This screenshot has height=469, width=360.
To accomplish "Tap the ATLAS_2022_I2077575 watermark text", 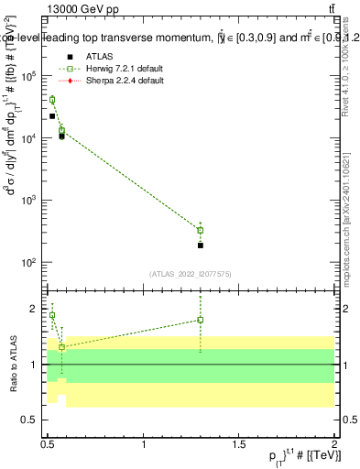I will point(190,273).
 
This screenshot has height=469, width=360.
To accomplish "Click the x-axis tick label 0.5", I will point(48,443).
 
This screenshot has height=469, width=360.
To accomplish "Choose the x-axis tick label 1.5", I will point(239,443).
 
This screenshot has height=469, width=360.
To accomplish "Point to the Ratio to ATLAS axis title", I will point(12,364).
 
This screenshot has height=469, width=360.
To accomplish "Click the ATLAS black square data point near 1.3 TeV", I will point(200,245).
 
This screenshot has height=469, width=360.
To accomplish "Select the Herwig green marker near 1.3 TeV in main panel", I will point(200,230).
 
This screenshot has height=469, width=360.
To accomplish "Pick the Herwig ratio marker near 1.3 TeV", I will point(200,320).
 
